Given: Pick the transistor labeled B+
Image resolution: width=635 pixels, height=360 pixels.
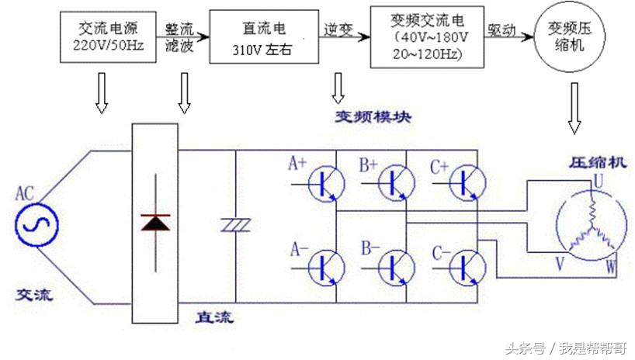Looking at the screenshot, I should click(394, 183).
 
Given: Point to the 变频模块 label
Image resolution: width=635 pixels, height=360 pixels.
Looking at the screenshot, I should click(373, 117).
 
